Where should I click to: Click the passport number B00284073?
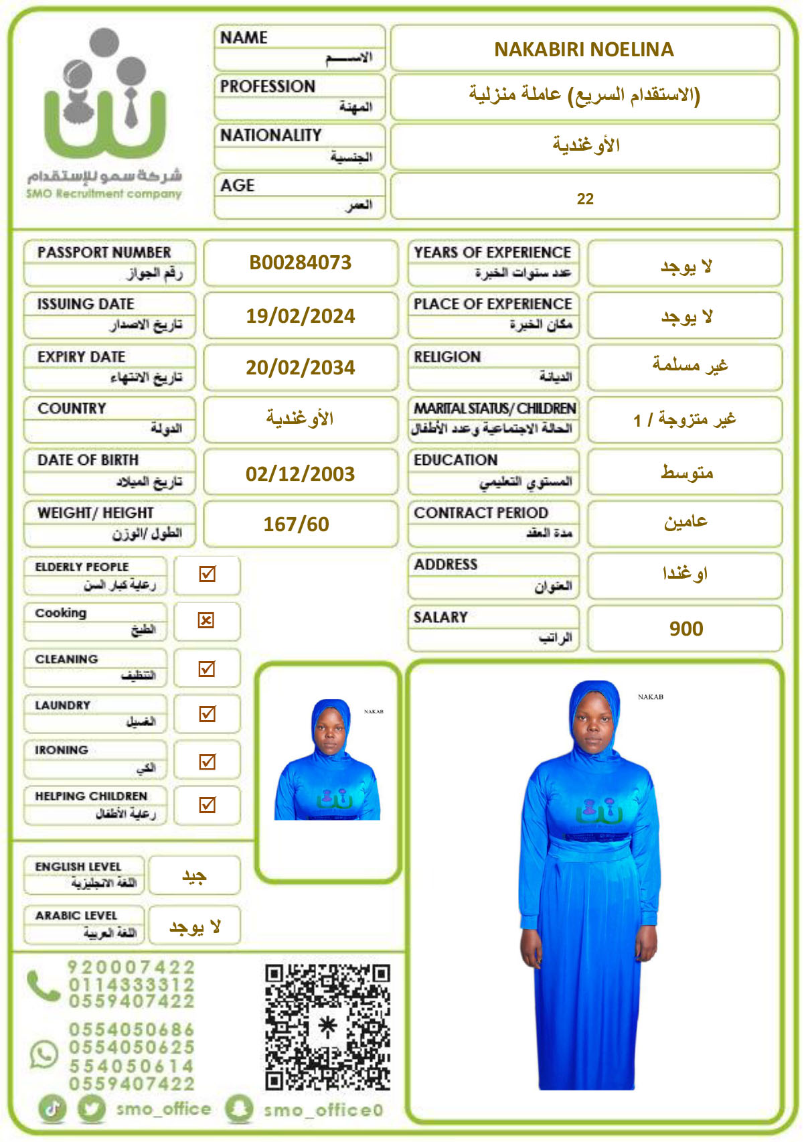(x=300, y=263)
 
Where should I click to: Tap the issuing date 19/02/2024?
(x=300, y=315)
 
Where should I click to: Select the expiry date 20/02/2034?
(x=300, y=368)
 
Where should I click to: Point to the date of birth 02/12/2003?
(x=300, y=474)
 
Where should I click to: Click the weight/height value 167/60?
(x=296, y=524)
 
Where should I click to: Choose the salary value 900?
(x=686, y=629)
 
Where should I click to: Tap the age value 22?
(x=585, y=199)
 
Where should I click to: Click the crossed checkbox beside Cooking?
(x=206, y=621)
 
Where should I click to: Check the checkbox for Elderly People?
(x=208, y=574)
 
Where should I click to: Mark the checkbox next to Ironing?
(x=208, y=762)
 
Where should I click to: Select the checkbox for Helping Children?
(x=208, y=805)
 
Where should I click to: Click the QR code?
(x=327, y=1027)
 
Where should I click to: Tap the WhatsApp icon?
(x=44, y=1054)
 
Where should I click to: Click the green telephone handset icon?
(x=44, y=985)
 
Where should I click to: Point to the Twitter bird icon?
(x=92, y=1109)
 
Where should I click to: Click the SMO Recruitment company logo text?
(x=104, y=194)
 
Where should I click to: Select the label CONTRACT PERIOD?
(x=481, y=513)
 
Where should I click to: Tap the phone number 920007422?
(x=131, y=967)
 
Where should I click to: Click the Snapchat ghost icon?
(x=239, y=1109)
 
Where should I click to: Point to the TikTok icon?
(x=54, y=1109)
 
